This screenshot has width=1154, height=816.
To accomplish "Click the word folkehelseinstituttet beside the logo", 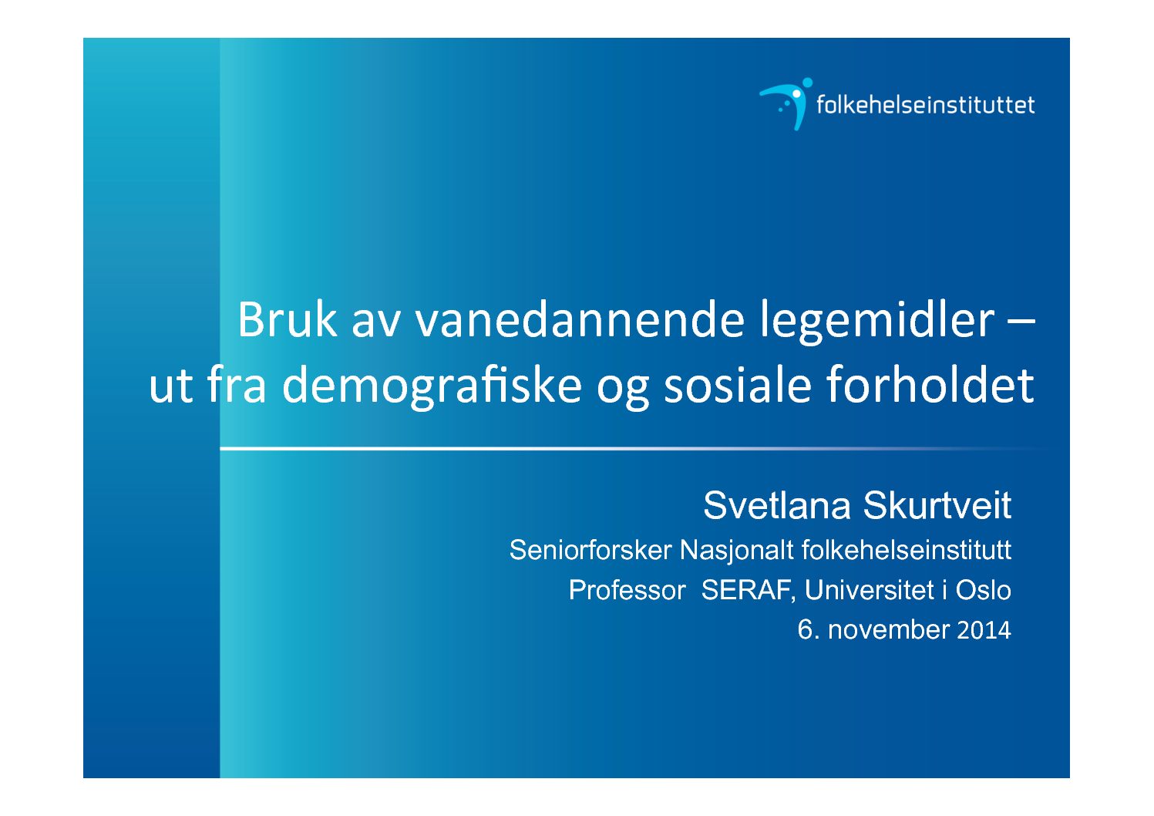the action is click(x=925, y=105).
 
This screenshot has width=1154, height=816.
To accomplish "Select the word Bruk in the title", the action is click(x=287, y=320).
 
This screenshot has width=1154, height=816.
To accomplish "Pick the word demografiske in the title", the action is click(x=432, y=386).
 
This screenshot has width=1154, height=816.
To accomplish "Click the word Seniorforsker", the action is click(x=591, y=550).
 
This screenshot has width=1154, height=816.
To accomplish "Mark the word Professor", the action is click(x=627, y=590).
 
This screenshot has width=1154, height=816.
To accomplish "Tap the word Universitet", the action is click(x=869, y=590).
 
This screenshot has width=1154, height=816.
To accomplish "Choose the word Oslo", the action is click(x=984, y=590).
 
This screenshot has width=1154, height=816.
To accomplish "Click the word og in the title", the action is click(x=623, y=390).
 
